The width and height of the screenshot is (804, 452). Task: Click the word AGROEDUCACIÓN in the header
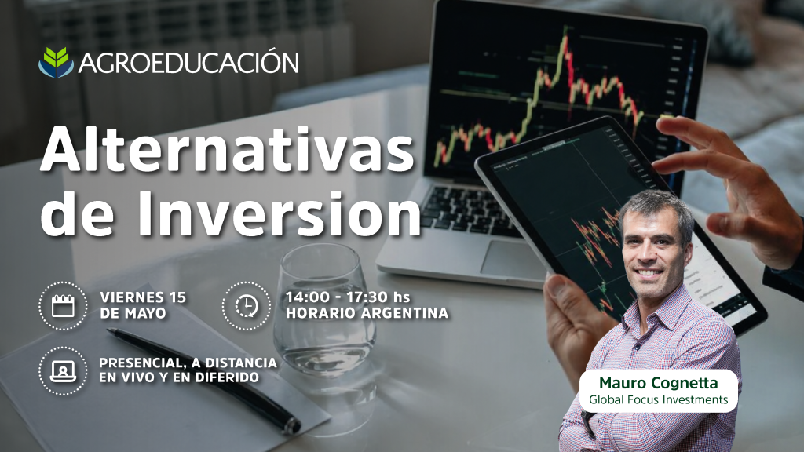(188, 63)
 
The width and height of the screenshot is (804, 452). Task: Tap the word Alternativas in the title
(227, 149)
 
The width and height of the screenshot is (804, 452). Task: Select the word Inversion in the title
(279, 212)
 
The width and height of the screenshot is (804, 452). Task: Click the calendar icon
(63, 306)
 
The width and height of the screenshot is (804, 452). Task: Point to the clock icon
(247, 306)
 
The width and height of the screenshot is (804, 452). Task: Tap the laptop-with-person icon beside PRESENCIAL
(63, 371)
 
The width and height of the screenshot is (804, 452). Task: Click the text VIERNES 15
(143, 297)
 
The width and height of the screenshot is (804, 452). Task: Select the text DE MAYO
(133, 313)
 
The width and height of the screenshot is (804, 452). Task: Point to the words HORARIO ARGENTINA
(367, 312)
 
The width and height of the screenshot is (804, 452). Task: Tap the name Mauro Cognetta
(659, 383)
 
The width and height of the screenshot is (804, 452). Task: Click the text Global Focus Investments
(659, 399)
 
